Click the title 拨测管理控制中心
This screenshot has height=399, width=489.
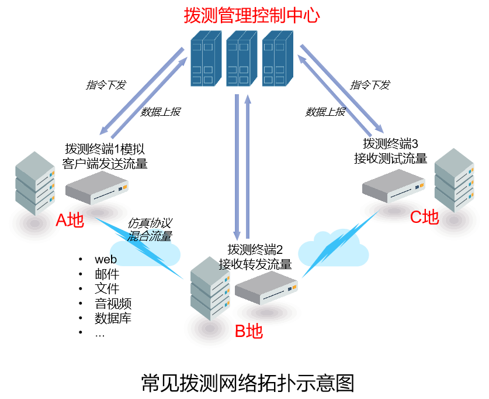click(252, 15)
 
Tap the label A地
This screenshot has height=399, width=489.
click(70, 221)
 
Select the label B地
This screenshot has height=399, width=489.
click(249, 331)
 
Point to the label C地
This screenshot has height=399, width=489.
click(424, 217)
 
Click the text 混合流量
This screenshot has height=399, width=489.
click(149, 236)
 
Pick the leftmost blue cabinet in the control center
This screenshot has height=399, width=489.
click(206, 59)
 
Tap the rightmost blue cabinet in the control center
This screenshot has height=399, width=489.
click(277, 59)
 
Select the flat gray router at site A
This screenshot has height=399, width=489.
click(97, 187)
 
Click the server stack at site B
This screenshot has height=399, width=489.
click(210, 288)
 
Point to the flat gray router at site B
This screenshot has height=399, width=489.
click(266, 287)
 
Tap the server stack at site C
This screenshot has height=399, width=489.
click(454, 180)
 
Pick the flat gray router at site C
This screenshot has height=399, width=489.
click(393, 185)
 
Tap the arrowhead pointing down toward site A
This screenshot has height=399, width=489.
click(104, 130)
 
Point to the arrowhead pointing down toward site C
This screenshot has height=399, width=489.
click(379, 129)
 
